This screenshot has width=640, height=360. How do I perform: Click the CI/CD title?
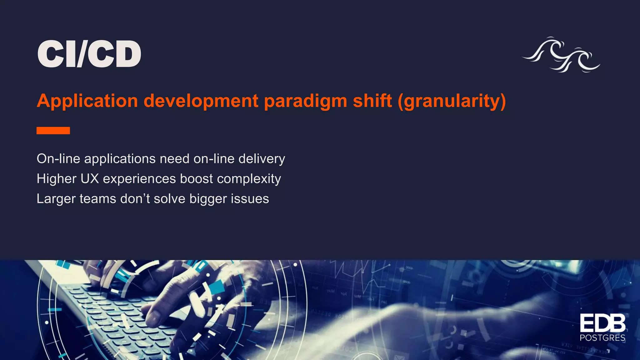point(89,54)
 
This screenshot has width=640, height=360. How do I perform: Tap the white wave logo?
point(561,55)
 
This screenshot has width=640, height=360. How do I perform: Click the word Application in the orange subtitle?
point(87,101)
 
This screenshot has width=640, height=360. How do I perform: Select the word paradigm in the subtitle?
point(305,101)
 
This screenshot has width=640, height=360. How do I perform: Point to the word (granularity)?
point(452,101)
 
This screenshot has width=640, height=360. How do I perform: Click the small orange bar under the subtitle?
point(53,131)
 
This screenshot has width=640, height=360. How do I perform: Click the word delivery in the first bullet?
point(262,159)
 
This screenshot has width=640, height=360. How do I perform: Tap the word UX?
point(89,179)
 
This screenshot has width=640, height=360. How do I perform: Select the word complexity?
point(249,179)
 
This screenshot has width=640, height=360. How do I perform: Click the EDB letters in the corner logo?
point(602,323)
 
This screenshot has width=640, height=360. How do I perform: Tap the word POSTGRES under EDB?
point(602,338)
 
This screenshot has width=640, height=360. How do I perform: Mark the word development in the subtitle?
point(201,101)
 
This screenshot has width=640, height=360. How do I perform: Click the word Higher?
point(56,179)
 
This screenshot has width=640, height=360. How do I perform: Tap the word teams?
point(98,199)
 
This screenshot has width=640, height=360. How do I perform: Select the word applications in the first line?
point(120,159)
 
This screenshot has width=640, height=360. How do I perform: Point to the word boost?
point(196,179)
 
